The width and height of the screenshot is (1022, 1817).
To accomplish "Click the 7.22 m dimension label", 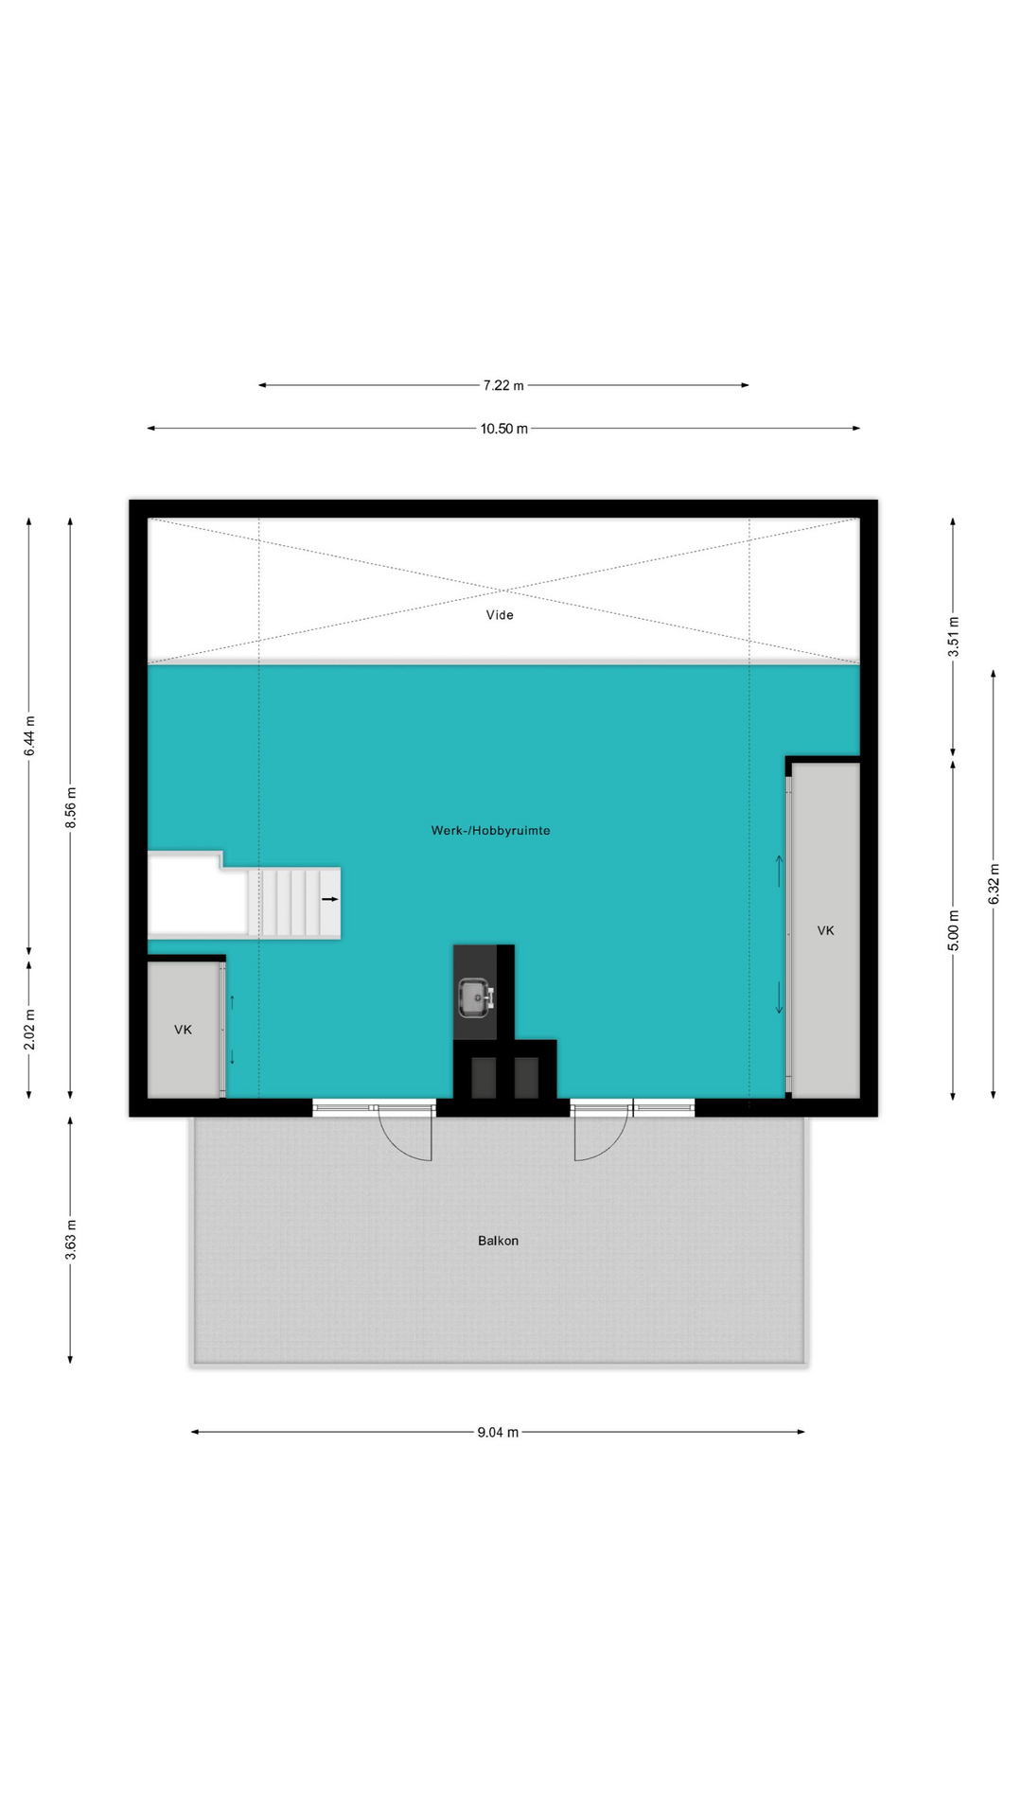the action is tap(503, 385).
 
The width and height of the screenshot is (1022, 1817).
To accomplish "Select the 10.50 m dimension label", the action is tap(503, 429).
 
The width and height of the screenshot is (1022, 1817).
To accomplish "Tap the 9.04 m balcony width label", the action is tap(498, 1432).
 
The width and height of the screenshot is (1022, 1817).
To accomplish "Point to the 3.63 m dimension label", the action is tap(71, 1240).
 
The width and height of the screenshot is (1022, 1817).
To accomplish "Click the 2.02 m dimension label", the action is tap(29, 1030).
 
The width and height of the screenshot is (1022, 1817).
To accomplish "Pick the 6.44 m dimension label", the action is tap(29, 735).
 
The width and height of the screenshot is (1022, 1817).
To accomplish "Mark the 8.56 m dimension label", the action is tap(71, 808).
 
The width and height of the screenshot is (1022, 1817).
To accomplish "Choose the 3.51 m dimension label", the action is tap(953, 636).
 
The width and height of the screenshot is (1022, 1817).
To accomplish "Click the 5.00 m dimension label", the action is tap(953, 930).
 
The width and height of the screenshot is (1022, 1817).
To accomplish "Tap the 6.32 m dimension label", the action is tap(994, 884).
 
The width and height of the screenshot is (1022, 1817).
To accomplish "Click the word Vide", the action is tap(500, 615).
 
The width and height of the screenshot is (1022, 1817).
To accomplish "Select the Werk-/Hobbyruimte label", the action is tap(490, 831).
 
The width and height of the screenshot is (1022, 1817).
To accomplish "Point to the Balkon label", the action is tap(498, 1241).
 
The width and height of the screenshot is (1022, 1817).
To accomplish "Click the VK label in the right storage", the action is tap(825, 931).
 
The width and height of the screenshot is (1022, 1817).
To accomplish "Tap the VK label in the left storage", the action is tap(183, 1030).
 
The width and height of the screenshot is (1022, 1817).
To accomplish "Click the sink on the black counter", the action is tap(475, 997).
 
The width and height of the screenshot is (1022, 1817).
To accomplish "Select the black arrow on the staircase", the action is tap(329, 898).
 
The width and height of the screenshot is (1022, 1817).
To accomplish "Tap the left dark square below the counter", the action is tap(484, 1078).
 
